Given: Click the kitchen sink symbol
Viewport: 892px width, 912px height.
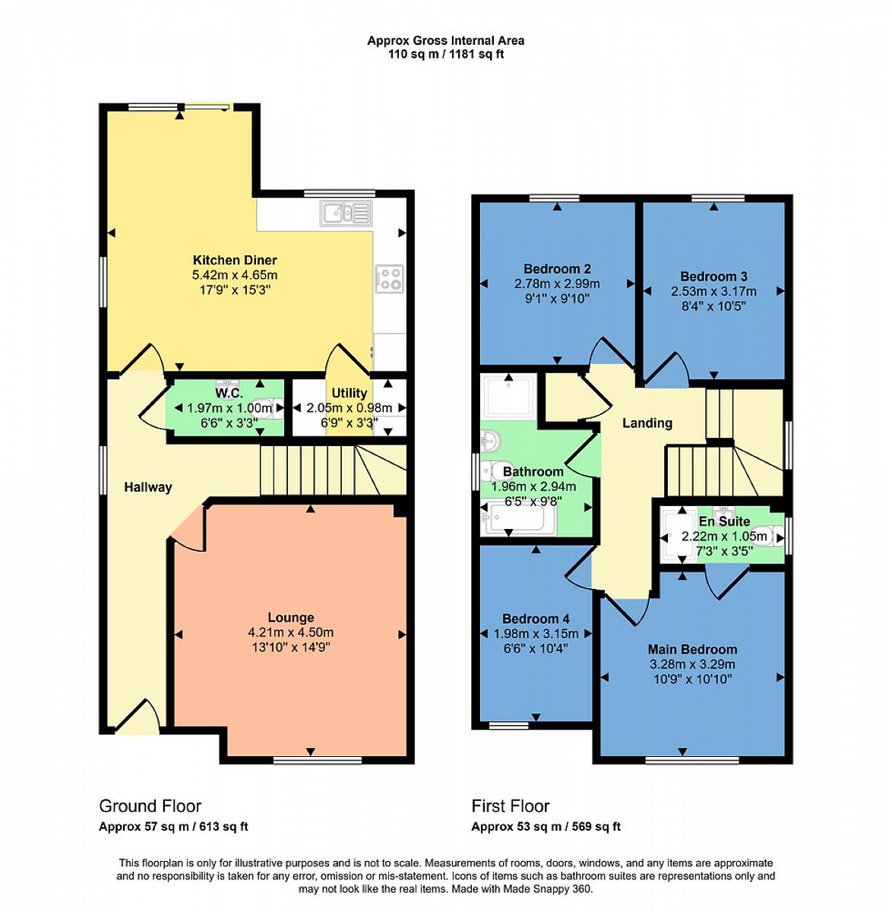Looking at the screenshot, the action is pyautogui.click(x=346, y=214).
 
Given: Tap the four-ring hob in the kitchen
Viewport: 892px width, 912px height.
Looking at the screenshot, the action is pyautogui.click(x=389, y=280).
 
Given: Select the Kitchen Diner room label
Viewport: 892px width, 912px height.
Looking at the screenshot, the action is pyautogui.click(x=235, y=260).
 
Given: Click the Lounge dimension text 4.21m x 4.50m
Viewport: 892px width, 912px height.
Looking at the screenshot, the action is pyautogui.click(x=290, y=632).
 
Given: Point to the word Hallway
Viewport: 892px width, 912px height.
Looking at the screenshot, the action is pyautogui.click(x=148, y=487).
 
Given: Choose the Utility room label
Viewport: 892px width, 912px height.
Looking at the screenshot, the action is pyautogui.click(x=349, y=393).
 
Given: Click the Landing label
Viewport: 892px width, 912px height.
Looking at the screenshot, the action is pyautogui.click(x=647, y=423).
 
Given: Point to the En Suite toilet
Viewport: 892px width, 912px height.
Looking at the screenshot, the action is pyautogui.click(x=770, y=535).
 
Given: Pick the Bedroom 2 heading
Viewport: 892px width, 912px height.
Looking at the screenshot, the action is pyautogui.click(x=557, y=269).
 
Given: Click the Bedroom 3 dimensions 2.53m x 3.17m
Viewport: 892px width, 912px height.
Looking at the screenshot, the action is pyautogui.click(x=713, y=292).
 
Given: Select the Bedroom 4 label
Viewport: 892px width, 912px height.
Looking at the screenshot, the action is pyautogui.click(x=536, y=619).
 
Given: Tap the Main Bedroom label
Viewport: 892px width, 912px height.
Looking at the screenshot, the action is pyautogui.click(x=692, y=650).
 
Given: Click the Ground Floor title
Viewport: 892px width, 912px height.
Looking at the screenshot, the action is pyautogui.click(x=150, y=806).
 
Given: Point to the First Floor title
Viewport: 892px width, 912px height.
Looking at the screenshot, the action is pyautogui.click(x=510, y=806).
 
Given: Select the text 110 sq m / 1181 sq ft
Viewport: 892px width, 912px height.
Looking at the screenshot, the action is pyautogui.click(x=445, y=55).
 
